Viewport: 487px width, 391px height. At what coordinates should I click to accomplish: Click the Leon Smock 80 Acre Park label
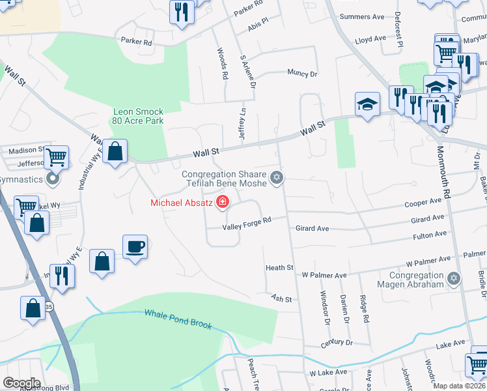pyautogui.click(x=137, y=116)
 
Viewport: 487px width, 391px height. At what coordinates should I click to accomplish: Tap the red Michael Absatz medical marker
pyautogui.click(x=223, y=203)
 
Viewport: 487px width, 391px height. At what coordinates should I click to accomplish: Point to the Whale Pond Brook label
pyautogui.click(x=178, y=319)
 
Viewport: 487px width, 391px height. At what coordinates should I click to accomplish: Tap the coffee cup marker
pyautogui.click(x=135, y=247)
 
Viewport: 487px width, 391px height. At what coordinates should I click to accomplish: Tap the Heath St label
pyautogui.click(x=279, y=268)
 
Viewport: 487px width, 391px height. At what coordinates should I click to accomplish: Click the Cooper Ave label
pyautogui.click(x=423, y=203)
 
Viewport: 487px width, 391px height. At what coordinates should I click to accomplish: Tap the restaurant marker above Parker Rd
pyautogui.click(x=181, y=11)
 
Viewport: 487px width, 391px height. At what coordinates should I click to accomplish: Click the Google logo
pyautogui.click(x=21, y=383)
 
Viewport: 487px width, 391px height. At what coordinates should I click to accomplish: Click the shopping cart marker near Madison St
pyautogui.click(x=57, y=156)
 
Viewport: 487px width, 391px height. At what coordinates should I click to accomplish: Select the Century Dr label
pyautogui.click(x=336, y=343)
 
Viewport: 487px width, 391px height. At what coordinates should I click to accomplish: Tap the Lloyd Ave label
pyautogui.click(x=370, y=39)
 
